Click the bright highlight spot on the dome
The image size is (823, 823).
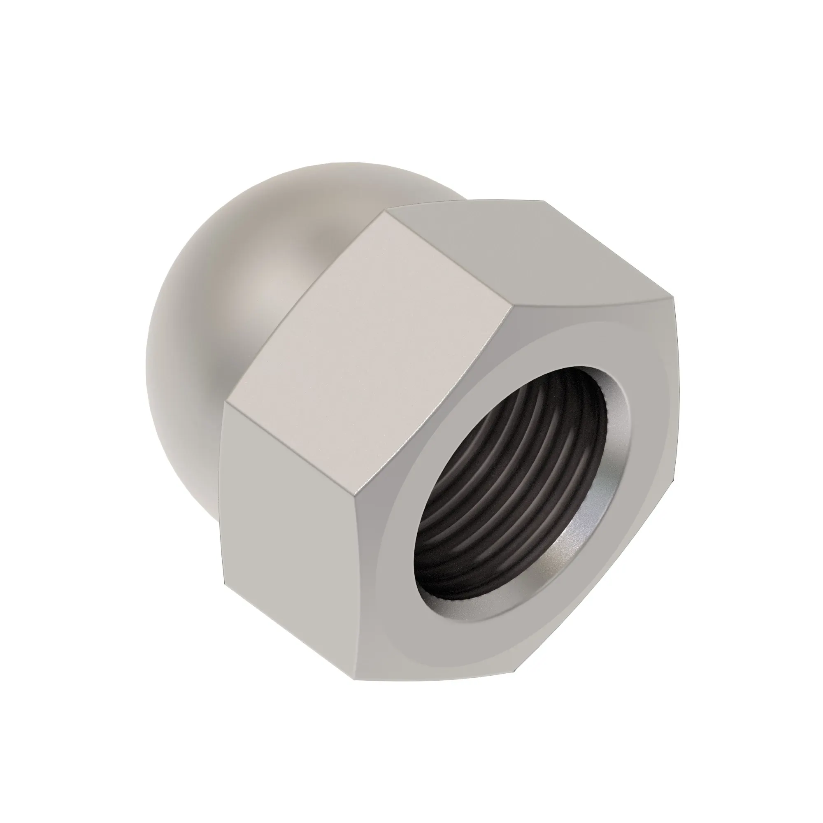[x=273, y=290]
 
